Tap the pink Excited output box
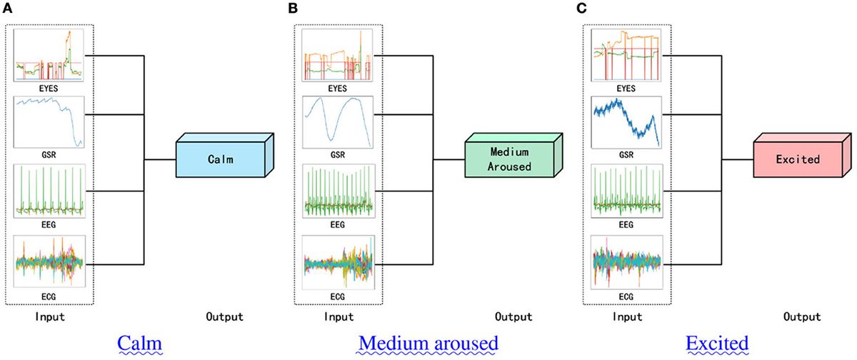[797, 159]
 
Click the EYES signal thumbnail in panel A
[49, 55]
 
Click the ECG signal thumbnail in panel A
[49, 260]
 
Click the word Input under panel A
[49, 316]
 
